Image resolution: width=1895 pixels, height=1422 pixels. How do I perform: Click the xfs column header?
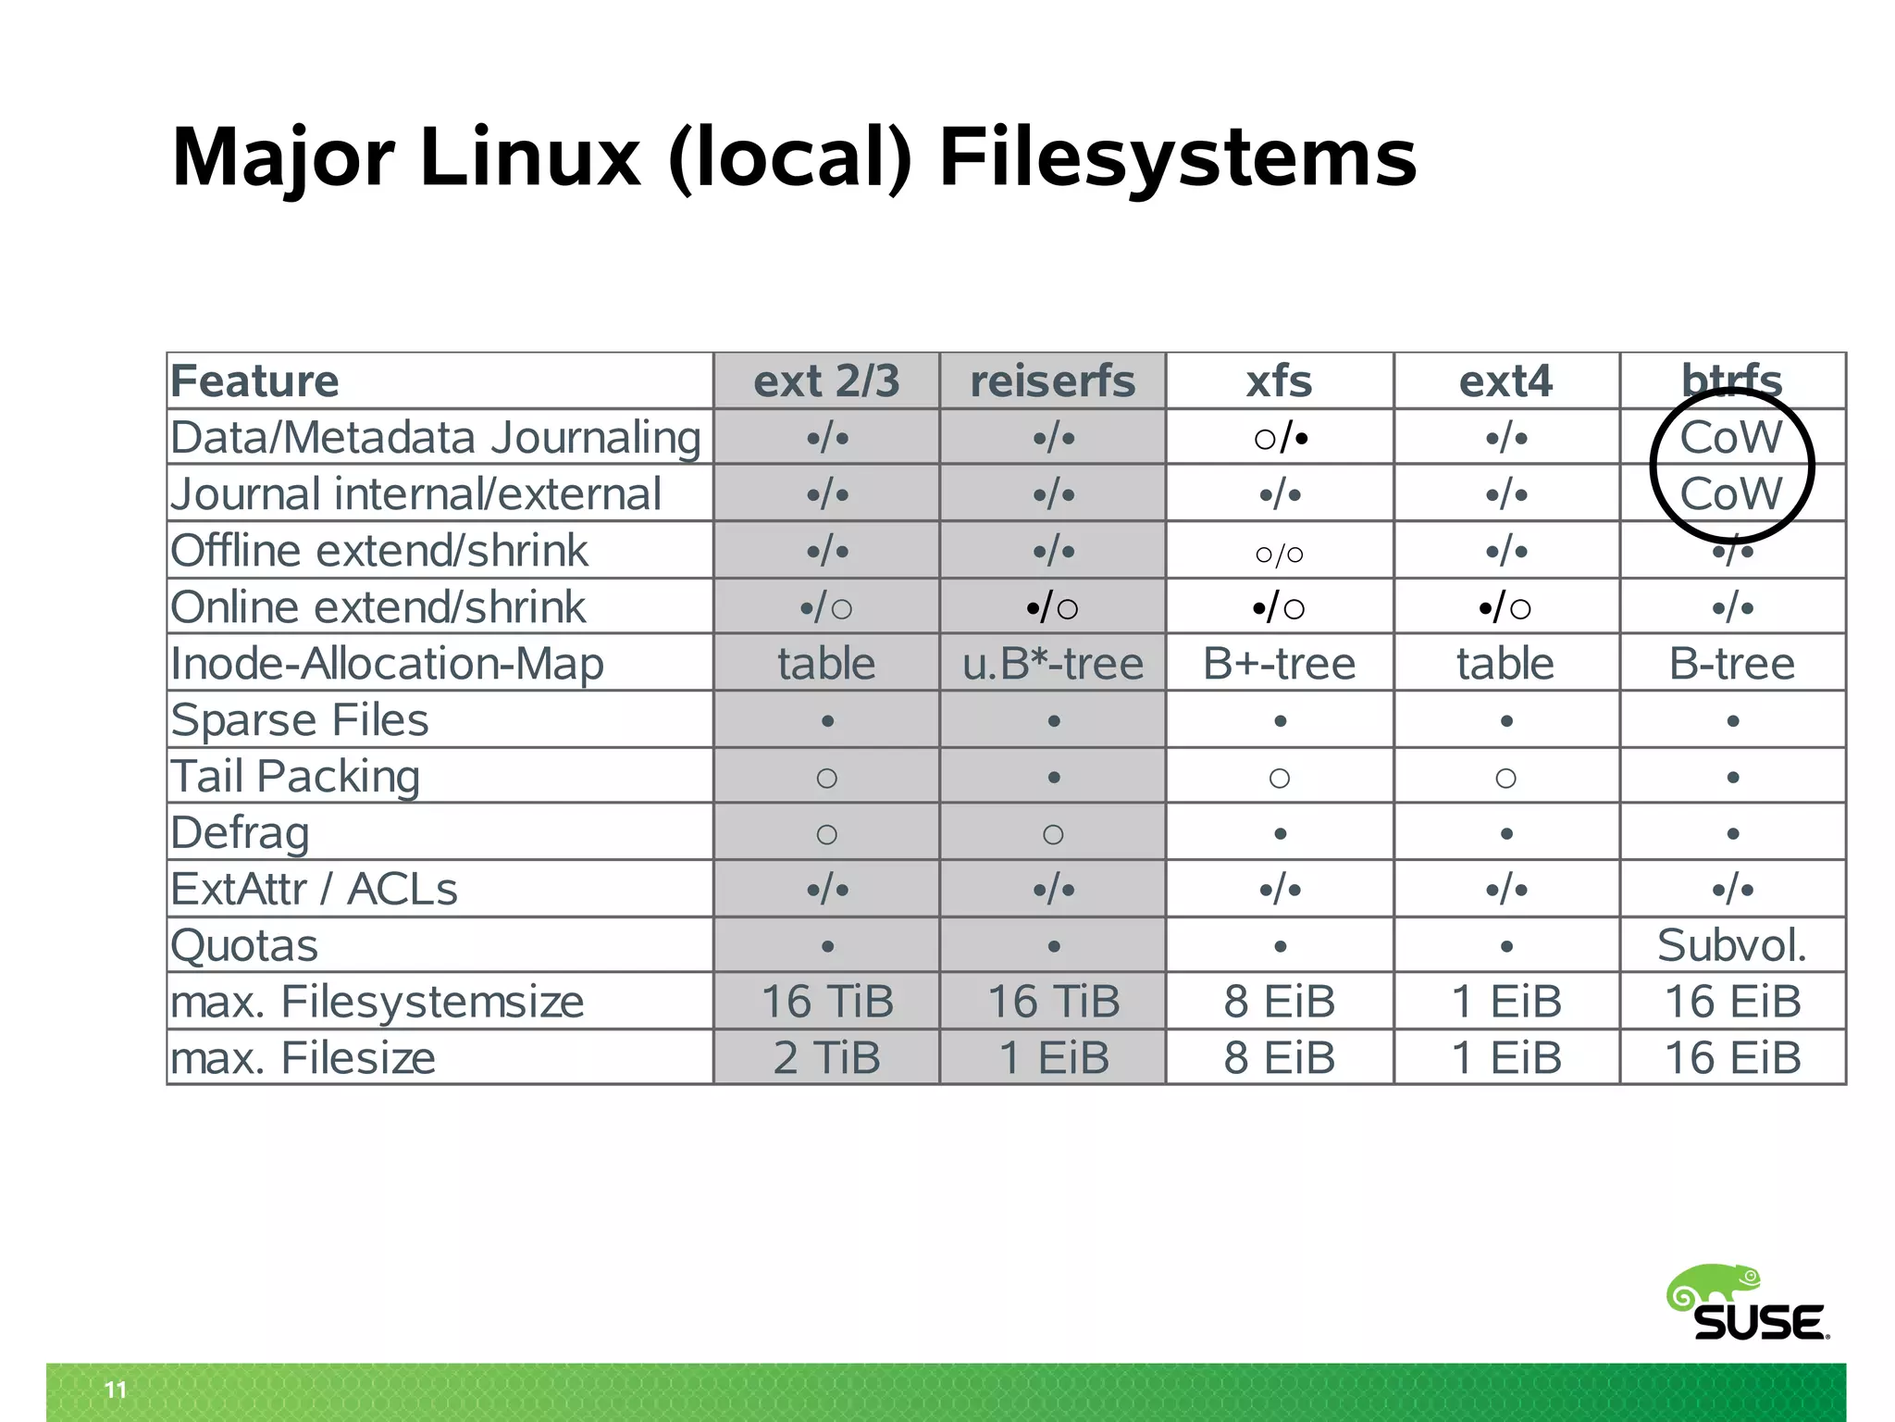tap(1279, 381)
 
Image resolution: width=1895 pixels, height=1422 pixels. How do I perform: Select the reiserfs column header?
tap(1052, 381)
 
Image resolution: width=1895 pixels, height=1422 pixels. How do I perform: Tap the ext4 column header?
tap(1505, 381)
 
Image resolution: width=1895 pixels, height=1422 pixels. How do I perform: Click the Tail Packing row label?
tap(295, 776)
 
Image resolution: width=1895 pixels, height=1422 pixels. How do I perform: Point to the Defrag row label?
tap(240, 832)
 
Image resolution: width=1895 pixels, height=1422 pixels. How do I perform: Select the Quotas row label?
tap(244, 945)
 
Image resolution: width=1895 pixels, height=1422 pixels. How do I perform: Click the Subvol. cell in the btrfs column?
tap(1731, 945)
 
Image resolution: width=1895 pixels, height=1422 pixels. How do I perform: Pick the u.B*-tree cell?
tap(1053, 664)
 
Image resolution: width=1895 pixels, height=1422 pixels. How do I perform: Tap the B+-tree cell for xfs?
tap(1279, 664)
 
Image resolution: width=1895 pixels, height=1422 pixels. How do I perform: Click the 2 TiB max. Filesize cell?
tap(826, 1057)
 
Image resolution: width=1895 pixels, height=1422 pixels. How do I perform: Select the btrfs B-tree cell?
tap(1731, 664)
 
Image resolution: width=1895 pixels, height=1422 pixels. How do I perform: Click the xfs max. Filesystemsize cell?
tap(1279, 1002)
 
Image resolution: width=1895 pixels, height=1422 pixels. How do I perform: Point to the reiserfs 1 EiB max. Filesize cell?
tap(1053, 1057)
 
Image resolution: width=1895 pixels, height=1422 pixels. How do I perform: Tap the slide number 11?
tap(115, 1390)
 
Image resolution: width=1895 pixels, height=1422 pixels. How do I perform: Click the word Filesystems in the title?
tap(1177, 157)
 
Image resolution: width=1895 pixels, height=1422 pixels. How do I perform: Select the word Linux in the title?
tap(529, 157)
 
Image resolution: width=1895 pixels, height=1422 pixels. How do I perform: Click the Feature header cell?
tap(255, 381)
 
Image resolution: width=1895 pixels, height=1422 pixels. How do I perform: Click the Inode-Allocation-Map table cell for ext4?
tap(1505, 664)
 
